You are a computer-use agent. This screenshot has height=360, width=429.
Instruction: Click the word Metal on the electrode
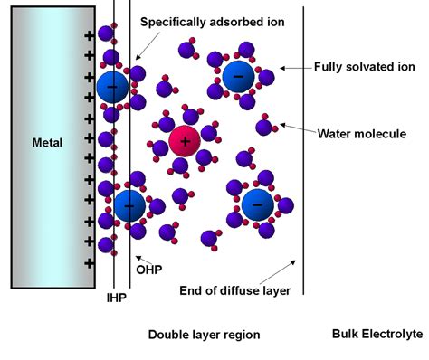coord(47,142)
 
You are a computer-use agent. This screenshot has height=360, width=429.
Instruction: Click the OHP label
coord(148,269)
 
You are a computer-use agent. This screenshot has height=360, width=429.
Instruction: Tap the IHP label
coord(117,295)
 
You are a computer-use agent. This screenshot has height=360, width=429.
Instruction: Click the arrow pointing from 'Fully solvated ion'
coord(292,67)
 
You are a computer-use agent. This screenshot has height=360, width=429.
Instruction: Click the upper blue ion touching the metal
coord(113,87)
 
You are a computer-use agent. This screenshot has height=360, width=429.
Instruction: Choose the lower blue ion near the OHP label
coord(129,207)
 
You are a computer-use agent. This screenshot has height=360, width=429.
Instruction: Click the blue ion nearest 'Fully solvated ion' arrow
coord(239,77)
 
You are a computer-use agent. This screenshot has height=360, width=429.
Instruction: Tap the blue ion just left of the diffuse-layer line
coord(258,206)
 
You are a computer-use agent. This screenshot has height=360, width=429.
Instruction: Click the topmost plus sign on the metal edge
coord(89,36)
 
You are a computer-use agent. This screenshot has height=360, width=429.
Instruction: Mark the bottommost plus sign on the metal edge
coord(89,262)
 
